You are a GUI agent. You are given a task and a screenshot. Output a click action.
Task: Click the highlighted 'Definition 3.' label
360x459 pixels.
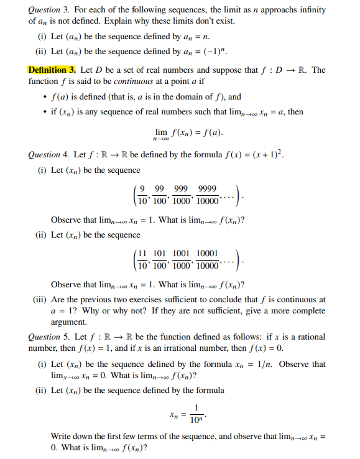52,69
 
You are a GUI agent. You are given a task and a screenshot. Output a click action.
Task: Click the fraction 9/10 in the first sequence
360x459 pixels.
143,195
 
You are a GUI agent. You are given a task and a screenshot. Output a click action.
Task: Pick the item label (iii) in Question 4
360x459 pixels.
40,300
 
